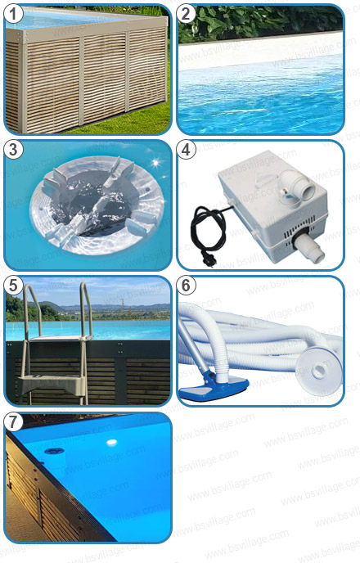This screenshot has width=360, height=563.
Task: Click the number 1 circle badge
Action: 15,15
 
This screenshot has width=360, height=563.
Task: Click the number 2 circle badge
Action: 187,15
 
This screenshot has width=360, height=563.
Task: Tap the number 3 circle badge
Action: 15,151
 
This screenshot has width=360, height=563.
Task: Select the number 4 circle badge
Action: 187,151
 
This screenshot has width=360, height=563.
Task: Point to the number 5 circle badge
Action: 15,286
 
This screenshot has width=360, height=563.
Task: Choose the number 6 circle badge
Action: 187,286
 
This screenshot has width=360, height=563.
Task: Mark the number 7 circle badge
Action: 15,422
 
